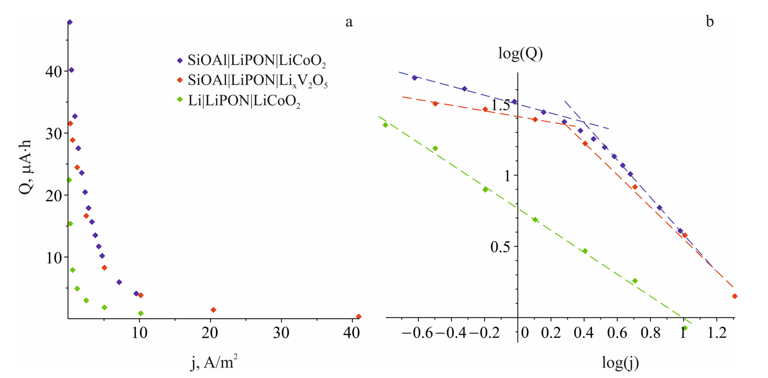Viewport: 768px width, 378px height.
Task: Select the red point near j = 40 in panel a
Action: click(359, 316)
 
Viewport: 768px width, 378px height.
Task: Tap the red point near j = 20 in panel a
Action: click(213, 310)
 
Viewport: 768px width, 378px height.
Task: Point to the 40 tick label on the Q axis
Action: click(53, 72)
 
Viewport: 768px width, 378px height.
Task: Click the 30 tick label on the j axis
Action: click(281, 333)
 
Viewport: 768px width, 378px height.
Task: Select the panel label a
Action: click(349, 22)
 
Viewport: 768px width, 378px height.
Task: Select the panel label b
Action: click(710, 22)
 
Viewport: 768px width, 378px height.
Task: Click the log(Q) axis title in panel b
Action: click(520, 54)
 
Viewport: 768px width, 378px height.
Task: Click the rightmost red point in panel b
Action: click(735, 296)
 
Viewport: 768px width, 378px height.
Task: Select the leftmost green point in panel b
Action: click(385, 125)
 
